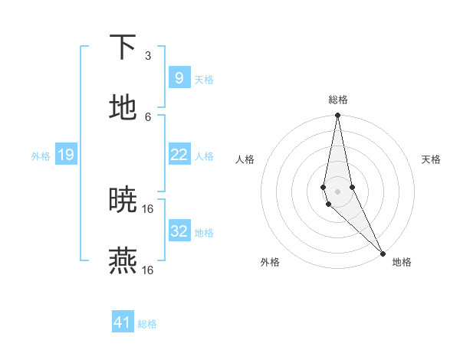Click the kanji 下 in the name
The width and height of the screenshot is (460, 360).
tap(123, 47)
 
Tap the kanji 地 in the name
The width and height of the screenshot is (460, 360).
tap(123, 107)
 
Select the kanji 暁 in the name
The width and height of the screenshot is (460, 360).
tap(123, 200)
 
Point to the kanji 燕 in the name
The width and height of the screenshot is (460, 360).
tap(123, 261)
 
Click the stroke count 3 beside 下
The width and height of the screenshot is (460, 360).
tap(148, 56)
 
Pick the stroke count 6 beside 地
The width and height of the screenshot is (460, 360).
tap(148, 116)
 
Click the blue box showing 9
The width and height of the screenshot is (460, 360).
tap(179, 77)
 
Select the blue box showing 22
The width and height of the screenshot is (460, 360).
tap(179, 155)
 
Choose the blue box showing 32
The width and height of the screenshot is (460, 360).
tap(179, 231)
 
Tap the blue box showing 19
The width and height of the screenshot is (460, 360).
tap(66, 155)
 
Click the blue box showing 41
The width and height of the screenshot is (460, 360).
tap(123, 322)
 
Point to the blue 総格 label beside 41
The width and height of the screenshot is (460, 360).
tap(147, 324)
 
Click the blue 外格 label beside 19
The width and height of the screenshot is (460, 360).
tap(41, 156)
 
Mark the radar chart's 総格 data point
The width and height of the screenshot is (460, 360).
tap(337, 116)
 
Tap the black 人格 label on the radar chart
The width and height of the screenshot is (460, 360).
tap(245, 159)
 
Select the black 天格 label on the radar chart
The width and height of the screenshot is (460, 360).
tap(431, 159)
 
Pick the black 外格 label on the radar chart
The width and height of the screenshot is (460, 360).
tap(270, 262)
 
